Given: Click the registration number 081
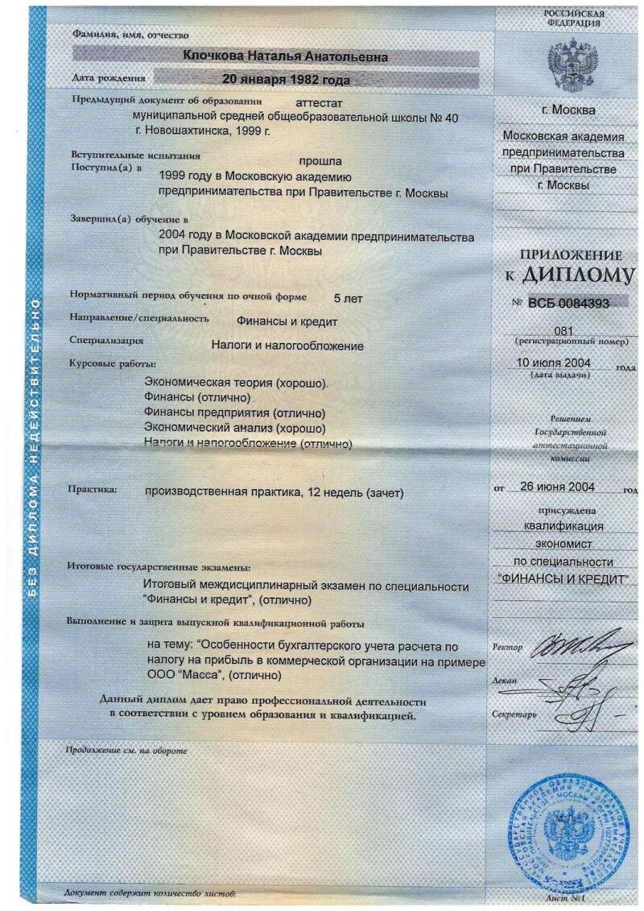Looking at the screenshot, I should coord(565,331).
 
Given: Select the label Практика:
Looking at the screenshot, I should coord(93,489).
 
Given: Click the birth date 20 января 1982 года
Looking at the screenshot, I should coord(287,79).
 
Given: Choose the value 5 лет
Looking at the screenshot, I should coord(347,298).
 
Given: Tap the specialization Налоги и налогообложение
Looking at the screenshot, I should coord(287,346).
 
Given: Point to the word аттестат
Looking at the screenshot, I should coord(320,103).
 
